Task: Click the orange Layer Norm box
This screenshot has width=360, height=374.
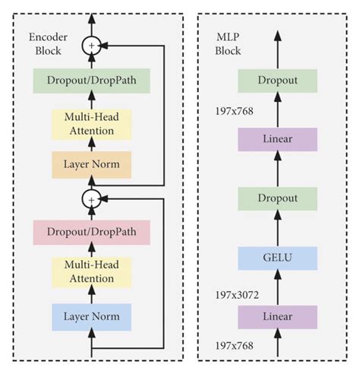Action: [x=91, y=163]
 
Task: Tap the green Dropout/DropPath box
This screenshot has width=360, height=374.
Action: [x=91, y=79]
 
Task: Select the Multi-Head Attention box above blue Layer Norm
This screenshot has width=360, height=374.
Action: [x=91, y=271]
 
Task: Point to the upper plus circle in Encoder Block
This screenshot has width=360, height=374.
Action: [x=92, y=46]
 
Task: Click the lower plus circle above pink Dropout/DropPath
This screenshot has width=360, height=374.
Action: [x=92, y=199]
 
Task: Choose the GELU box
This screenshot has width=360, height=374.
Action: [x=276, y=257]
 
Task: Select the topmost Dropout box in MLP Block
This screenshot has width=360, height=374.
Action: [x=276, y=79]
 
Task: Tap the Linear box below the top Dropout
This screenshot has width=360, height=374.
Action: [x=276, y=139]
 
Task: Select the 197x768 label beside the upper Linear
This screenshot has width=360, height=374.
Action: [x=232, y=112]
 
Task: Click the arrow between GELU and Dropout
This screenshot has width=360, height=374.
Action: [x=276, y=227]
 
